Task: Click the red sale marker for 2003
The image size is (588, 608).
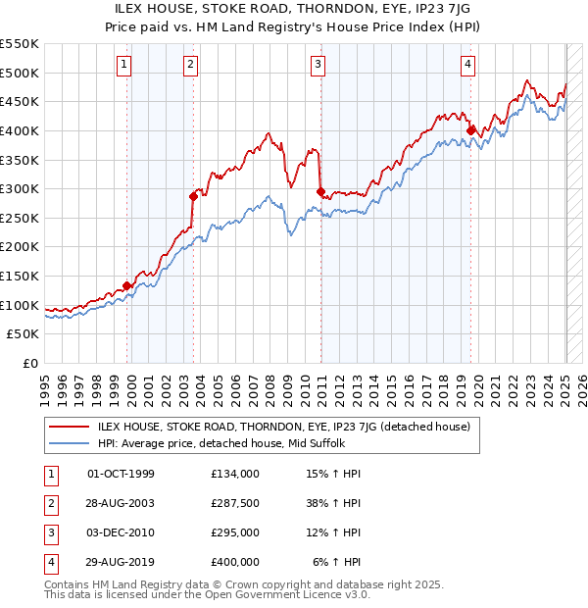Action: click(194, 196)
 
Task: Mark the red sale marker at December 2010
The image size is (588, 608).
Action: click(320, 191)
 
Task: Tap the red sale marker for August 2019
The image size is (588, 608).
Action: click(471, 129)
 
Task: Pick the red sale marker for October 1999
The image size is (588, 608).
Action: click(126, 285)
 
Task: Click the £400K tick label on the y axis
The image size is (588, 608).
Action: click(22, 130)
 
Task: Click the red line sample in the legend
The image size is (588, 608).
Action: click(68, 427)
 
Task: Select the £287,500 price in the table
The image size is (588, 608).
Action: click(235, 504)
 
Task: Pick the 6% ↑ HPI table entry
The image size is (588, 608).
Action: click(337, 562)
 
